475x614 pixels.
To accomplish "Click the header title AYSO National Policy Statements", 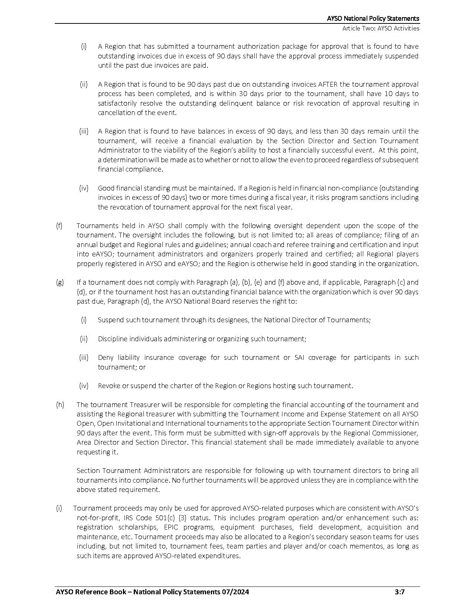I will coord(373,19).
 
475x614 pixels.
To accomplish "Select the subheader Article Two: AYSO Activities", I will coord(381,28).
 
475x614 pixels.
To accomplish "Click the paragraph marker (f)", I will coord(59,226).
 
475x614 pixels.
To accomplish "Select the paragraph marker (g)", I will coord(60,282).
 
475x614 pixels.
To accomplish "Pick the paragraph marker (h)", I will coord(60,404).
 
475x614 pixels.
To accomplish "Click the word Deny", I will coord(105,358).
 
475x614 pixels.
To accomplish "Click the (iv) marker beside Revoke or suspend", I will coord(84,386).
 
